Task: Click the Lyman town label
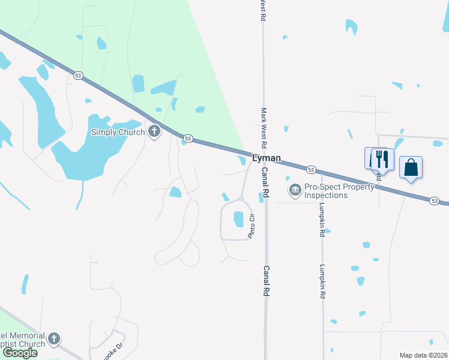click(x=267, y=158)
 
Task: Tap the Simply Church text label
click(x=118, y=132)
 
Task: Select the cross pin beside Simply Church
click(x=154, y=131)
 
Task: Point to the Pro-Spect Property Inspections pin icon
click(x=295, y=191)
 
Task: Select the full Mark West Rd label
click(x=263, y=128)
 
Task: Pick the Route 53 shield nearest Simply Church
click(x=188, y=139)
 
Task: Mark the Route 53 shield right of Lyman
click(x=311, y=169)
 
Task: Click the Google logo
click(x=20, y=353)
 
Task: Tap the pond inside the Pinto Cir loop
click(x=238, y=219)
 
